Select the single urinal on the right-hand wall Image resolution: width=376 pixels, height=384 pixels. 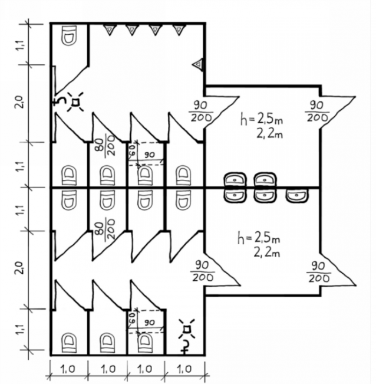pos(199,63)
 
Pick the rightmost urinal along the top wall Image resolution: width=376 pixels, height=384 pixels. pos(177,29)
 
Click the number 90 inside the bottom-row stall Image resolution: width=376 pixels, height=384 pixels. pos(149,323)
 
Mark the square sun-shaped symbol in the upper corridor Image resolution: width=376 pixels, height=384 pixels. pos(75,104)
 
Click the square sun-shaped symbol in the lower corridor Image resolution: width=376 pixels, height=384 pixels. pos(186,328)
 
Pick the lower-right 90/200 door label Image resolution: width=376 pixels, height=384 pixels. pos(318,272)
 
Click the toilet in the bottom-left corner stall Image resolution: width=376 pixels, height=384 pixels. pos(69,341)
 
